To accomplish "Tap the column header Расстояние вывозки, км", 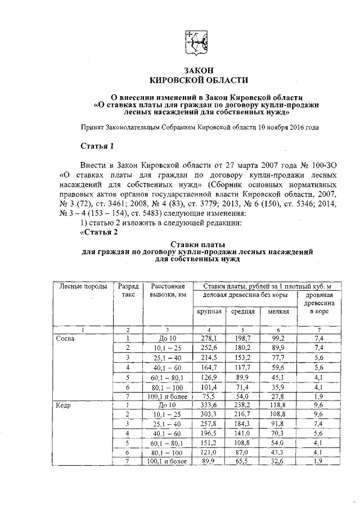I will (x=168, y=290).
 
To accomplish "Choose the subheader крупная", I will (x=208, y=311).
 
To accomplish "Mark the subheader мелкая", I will (x=278, y=311).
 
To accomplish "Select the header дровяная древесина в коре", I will (x=319, y=303).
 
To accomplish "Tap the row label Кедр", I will (x=63, y=404).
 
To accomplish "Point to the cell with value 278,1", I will (x=209, y=339).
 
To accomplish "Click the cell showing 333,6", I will (x=209, y=404).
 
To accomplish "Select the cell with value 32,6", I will (x=278, y=461).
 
